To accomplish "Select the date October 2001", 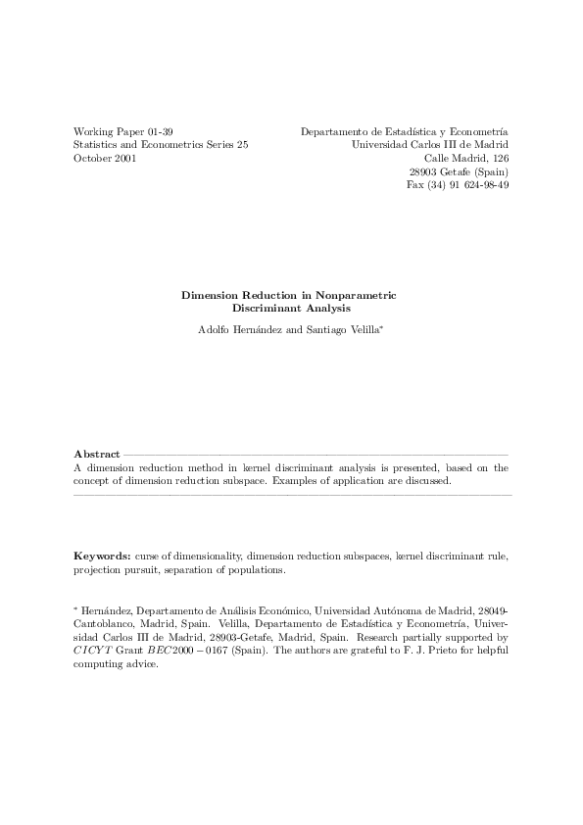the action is (x=105, y=158).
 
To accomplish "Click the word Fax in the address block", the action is (x=415, y=185).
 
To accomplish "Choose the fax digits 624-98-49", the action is (x=481, y=185).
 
